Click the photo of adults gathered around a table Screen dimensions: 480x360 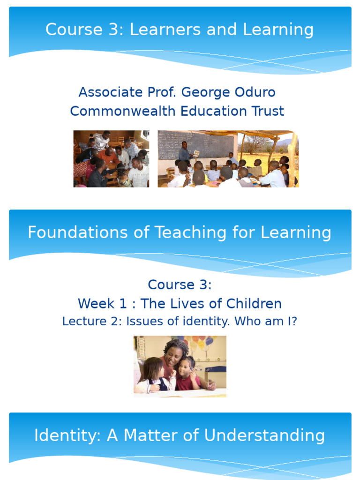[x=111, y=159]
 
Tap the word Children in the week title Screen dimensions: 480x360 [x=254, y=303]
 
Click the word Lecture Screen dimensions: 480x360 [x=78, y=322]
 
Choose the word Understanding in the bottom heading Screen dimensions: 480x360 [x=264, y=435]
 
